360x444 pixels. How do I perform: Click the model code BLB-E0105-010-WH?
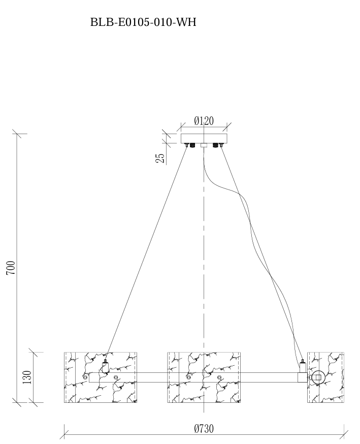pos(143,22)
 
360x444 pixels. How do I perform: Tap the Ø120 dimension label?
pos(204,121)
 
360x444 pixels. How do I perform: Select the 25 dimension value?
pos(160,158)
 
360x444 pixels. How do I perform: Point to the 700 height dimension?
pos(11,268)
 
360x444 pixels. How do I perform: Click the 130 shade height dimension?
pos(27,377)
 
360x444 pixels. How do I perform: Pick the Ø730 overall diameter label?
pos(204,429)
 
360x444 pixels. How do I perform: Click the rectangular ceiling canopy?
pos(204,138)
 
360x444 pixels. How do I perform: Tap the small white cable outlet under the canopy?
pos(204,145)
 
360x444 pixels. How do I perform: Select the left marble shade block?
pos(101,377)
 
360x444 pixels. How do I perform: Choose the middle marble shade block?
pos(204,377)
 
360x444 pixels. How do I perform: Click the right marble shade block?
pos(325,377)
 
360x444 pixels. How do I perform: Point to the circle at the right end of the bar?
pos(318,377)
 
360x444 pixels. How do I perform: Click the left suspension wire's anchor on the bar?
pos(105,365)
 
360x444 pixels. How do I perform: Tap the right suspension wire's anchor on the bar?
pos(302,366)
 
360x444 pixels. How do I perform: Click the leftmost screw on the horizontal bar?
pos(85,377)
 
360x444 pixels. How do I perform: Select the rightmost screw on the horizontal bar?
pos(219,377)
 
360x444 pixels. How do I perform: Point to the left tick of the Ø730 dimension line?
pos(64,434)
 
